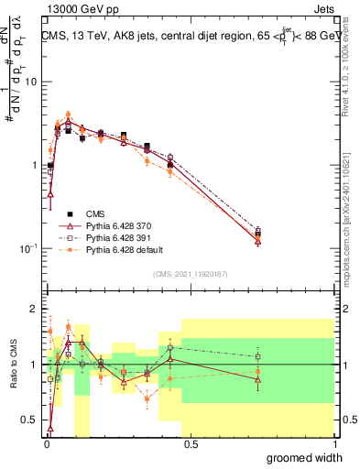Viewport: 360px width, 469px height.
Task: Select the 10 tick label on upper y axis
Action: [x=32, y=82]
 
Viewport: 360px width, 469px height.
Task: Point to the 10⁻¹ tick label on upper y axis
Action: [x=29, y=248]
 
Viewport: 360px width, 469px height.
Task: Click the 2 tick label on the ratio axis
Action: [x=35, y=309]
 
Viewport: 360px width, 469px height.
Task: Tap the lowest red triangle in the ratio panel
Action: [x=49, y=428]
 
